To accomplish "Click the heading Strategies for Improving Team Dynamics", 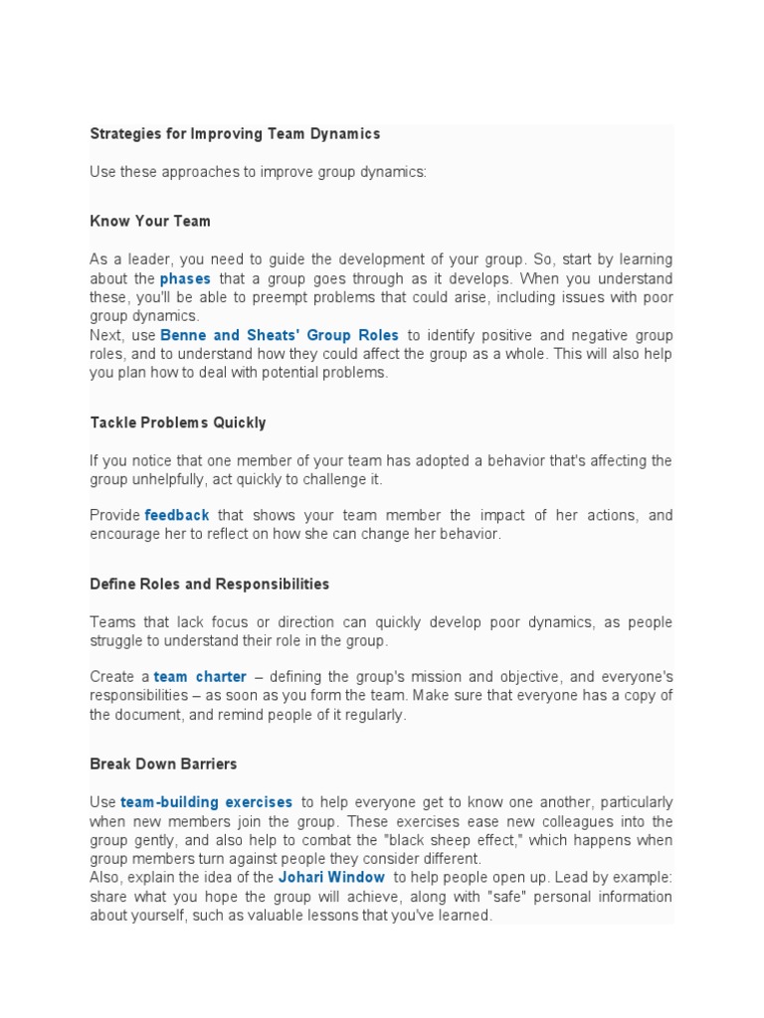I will [x=235, y=133].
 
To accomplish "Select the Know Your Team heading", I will [x=150, y=221].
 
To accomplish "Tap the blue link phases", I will [x=185, y=278].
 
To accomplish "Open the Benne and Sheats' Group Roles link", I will [x=280, y=336].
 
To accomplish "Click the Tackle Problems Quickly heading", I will [x=178, y=423].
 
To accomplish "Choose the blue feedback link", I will [x=177, y=515].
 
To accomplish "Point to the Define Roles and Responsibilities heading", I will [x=209, y=584].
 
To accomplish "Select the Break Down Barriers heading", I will [x=163, y=764].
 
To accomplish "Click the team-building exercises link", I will [x=207, y=802].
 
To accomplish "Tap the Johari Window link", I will [x=331, y=878].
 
